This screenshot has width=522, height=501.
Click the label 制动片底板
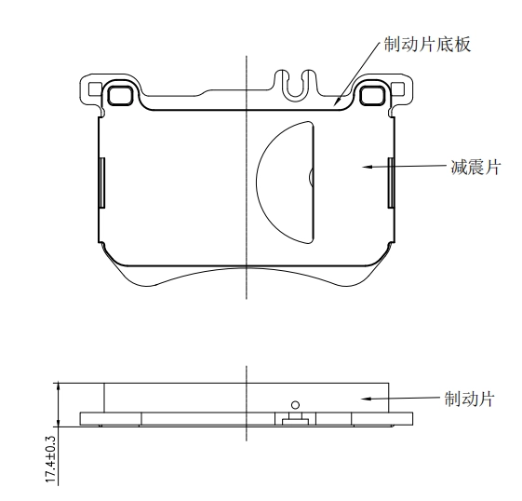(427, 45)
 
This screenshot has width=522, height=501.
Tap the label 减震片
(476, 168)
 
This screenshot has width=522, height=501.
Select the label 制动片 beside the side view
(470, 399)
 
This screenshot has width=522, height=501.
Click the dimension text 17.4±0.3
(50, 459)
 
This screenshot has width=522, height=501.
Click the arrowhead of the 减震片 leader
(367, 166)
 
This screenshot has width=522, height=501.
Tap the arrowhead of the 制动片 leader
(367, 399)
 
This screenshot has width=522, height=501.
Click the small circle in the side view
(295, 405)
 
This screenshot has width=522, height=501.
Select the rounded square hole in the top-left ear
(120, 95)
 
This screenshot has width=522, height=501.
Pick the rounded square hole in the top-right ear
(372, 95)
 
